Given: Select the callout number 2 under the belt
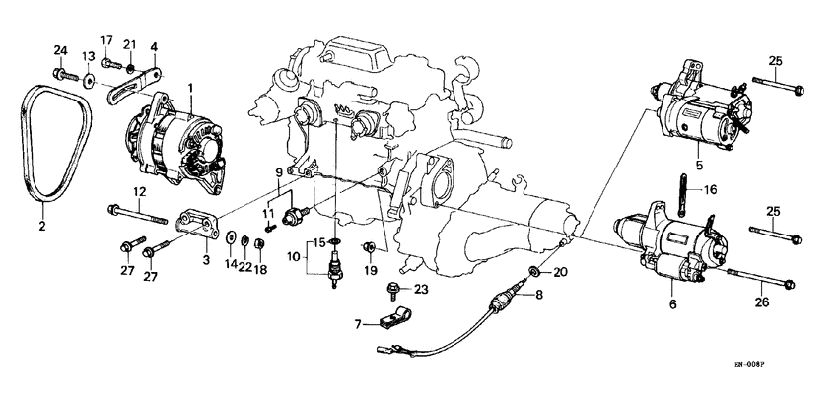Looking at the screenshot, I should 41,226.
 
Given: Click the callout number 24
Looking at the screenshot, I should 58,50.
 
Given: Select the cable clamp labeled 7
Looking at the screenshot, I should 391,320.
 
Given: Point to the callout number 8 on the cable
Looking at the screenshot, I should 538,294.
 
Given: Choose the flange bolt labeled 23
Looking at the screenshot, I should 394,292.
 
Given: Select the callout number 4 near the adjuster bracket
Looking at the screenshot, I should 153,47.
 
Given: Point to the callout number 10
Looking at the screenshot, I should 292,257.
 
